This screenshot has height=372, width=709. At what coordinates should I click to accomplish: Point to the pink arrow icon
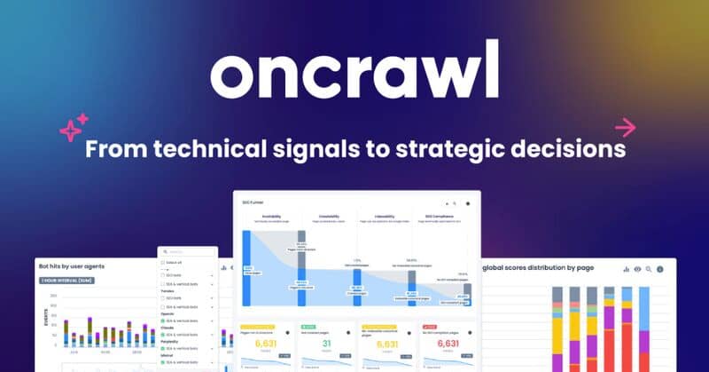click(x=626, y=127)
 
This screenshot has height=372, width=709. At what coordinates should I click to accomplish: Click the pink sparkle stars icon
click(x=74, y=127)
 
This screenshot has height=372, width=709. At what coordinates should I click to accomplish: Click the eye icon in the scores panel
click(x=636, y=268)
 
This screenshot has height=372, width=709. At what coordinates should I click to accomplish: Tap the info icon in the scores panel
click(x=659, y=268)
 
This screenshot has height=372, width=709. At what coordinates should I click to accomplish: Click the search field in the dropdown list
click(x=188, y=252)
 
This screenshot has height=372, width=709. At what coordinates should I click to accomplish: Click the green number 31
click(x=326, y=344)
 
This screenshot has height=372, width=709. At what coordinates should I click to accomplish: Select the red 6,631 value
click(x=448, y=344)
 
